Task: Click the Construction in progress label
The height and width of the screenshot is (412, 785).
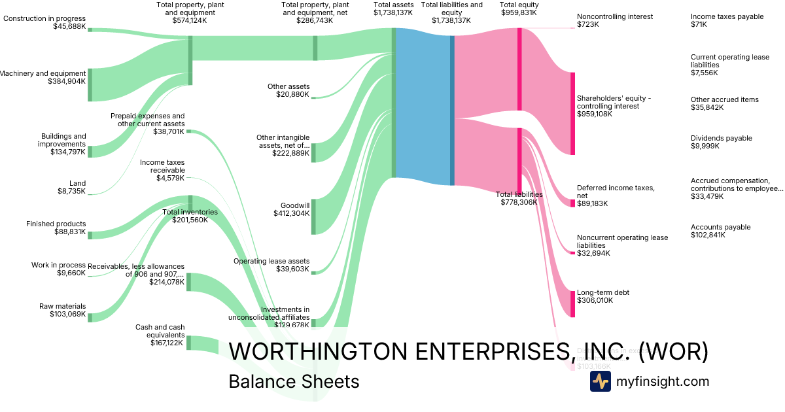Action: pos(44,18)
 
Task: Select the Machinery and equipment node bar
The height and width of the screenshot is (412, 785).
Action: pos(90,84)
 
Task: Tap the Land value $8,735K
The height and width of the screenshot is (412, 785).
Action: pos(71,192)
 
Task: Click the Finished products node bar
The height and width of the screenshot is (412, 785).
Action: pos(90,235)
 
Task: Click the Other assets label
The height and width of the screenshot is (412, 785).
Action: pos(288,86)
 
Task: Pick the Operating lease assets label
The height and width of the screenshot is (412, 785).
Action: pos(271,261)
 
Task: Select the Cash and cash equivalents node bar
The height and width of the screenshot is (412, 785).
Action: pos(188,343)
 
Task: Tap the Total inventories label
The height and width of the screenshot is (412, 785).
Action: pos(190,212)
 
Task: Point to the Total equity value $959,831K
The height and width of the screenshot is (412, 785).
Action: pos(519,12)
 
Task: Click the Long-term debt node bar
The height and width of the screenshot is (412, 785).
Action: pos(572,304)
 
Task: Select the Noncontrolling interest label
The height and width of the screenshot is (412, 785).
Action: pos(615,16)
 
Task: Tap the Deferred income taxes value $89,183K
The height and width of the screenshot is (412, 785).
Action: pos(592,203)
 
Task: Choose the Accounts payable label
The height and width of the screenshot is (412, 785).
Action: pos(720,227)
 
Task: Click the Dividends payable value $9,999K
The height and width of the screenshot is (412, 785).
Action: pos(705,146)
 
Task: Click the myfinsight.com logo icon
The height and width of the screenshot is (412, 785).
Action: pos(600,381)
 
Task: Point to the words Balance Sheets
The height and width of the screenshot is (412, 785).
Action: pos(294,381)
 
